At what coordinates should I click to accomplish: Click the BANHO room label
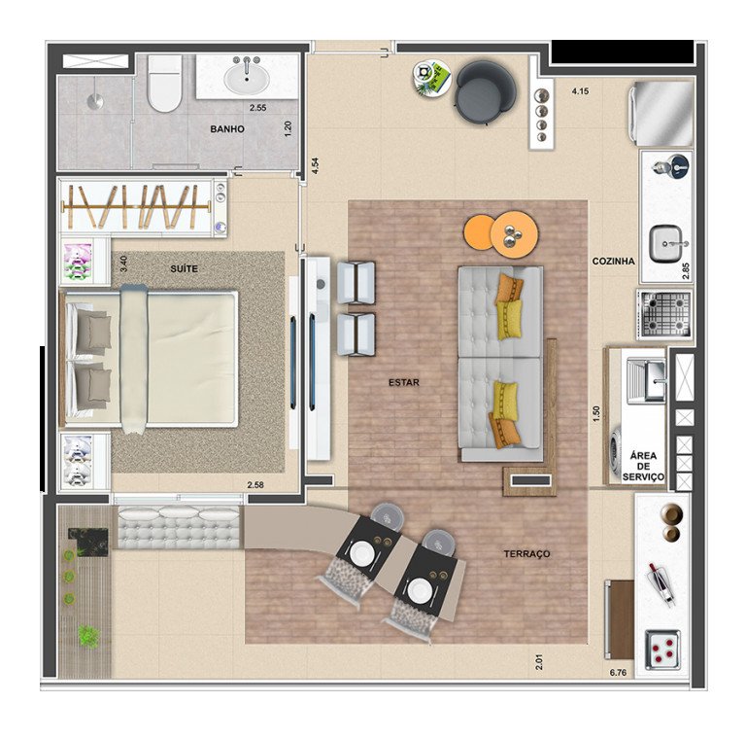[x=227, y=129]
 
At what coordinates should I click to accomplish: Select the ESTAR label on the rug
[x=403, y=382]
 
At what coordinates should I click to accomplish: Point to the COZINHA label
[x=614, y=262]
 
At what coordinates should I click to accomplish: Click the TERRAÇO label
[x=526, y=554]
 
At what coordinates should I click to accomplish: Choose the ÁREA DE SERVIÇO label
[x=646, y=467]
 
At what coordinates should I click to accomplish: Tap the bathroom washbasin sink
[x=250, y=76]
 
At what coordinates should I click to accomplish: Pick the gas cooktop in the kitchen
[x=664, y=314]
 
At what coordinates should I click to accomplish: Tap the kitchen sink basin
[x=667, y=241]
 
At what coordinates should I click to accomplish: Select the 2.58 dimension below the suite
[x=255, y=484]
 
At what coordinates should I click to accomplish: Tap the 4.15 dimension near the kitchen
[x=581, y=91]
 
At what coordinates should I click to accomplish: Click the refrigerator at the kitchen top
[x=664, y=113]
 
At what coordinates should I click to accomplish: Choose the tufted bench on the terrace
[x=179, y=529]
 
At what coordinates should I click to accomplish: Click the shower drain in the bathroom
[x=96, y=99]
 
